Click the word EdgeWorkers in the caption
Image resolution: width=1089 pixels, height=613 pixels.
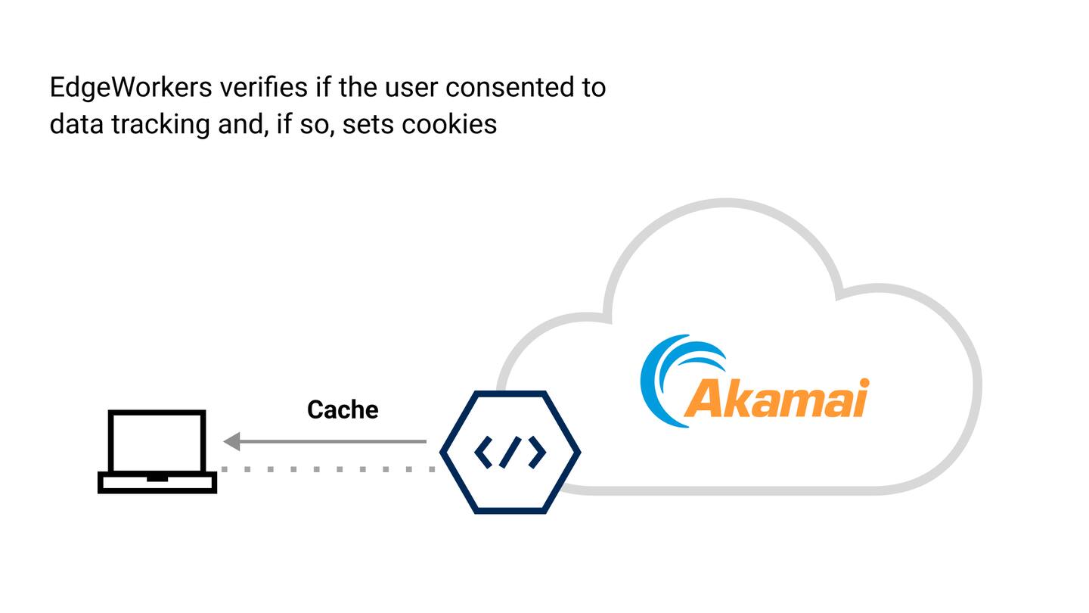click(130, 89)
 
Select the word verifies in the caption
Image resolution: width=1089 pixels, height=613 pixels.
click(263, 88)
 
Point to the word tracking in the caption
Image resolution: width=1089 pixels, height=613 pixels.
click(160, 124)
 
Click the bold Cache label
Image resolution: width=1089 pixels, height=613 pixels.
click(343, 410)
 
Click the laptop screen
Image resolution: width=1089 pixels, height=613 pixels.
click(157, 441)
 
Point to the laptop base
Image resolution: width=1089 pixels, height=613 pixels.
click(157, 482)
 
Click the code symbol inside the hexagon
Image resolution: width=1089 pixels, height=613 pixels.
click(510, 452)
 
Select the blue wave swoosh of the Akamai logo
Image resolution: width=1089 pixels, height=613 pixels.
click(665, 378)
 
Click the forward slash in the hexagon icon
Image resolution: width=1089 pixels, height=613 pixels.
click(510, 452)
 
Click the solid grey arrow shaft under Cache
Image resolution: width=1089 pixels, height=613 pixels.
click(333, 441)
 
